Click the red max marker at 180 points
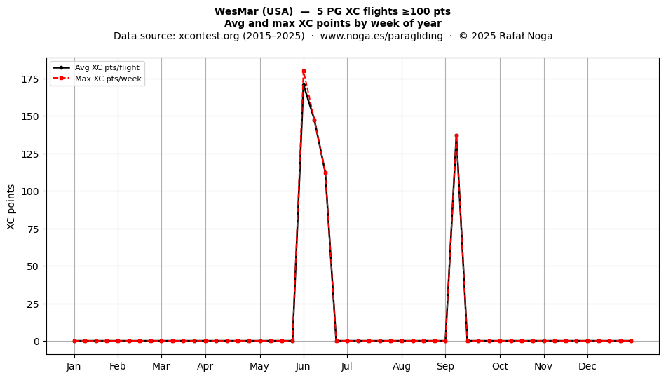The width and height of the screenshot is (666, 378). tap(304, 72)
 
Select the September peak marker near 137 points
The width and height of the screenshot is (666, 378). tap(456, 136)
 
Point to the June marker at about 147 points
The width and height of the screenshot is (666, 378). tap(314, 120)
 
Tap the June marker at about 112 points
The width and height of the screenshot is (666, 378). tap(325, 173)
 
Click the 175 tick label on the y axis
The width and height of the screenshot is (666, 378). tap(31, 79)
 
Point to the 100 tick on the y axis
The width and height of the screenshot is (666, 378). tap(31, 191)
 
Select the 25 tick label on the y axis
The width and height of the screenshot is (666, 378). tap(34, 304)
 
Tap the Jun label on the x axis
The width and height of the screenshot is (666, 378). tap(304, 366)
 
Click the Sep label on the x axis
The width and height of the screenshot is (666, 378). tap(445, 366)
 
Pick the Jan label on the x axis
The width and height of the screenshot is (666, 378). tap(74, 366)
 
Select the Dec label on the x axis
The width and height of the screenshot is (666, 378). tap(587, 366)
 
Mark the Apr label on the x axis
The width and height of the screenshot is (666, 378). tap(205, 366)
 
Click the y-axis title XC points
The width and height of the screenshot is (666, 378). tap(11, 207)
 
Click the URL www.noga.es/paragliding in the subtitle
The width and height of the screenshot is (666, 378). tap(381, 36)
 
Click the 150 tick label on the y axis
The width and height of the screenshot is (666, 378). tap(31, 116)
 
